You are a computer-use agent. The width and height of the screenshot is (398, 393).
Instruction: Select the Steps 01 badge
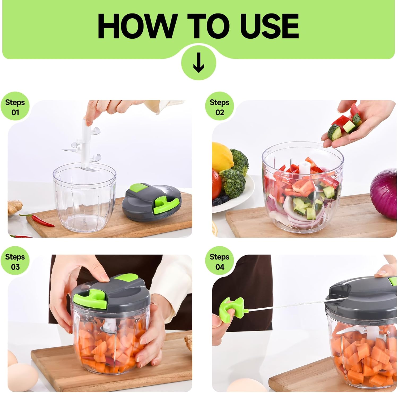pyautogui.click(x=15, y=107)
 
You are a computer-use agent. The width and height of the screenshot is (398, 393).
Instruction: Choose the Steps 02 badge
pyautogui.click(x=219, y=107)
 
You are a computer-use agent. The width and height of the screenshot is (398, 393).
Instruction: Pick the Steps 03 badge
pyautogui.click(x=15, y=261)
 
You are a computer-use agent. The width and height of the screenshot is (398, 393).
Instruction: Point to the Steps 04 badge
pyautogui.click(x=219, y=261)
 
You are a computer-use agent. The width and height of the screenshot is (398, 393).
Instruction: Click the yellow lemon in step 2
pyautogui.click(x=222, y=157)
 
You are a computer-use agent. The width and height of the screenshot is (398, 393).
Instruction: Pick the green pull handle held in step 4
pyautogui.click(x=231, y=309)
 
